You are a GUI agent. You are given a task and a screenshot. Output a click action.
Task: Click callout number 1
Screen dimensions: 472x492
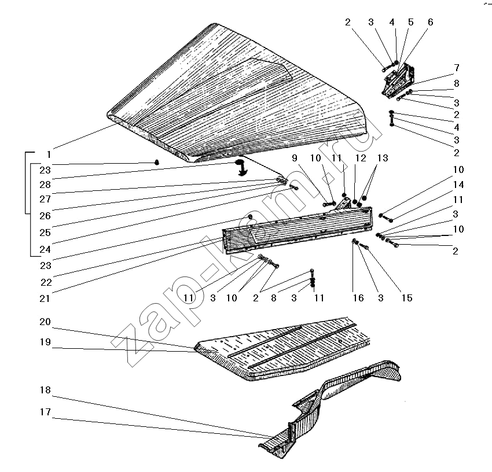click(x=49, y=154)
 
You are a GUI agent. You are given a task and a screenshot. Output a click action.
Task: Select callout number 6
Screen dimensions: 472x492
click(x=430, y=22)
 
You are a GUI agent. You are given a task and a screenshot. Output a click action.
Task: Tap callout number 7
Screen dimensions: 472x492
click(x=457, y=68)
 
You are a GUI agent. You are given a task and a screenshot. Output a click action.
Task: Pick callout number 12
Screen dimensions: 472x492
click(x=361, y=158)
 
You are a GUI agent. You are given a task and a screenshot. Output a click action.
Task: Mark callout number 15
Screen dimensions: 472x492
click(x=407, y=298)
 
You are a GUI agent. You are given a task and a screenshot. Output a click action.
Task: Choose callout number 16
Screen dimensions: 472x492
click(x=358, y=298)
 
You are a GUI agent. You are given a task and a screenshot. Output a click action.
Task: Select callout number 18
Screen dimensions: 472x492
click(x=45, y=390)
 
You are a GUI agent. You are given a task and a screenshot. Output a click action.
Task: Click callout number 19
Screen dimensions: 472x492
click(x=45, y=342)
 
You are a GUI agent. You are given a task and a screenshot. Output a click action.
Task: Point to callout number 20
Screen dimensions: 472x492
click(x=45, y=322)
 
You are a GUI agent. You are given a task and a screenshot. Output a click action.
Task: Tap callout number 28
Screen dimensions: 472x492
click(x=45, y=184)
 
